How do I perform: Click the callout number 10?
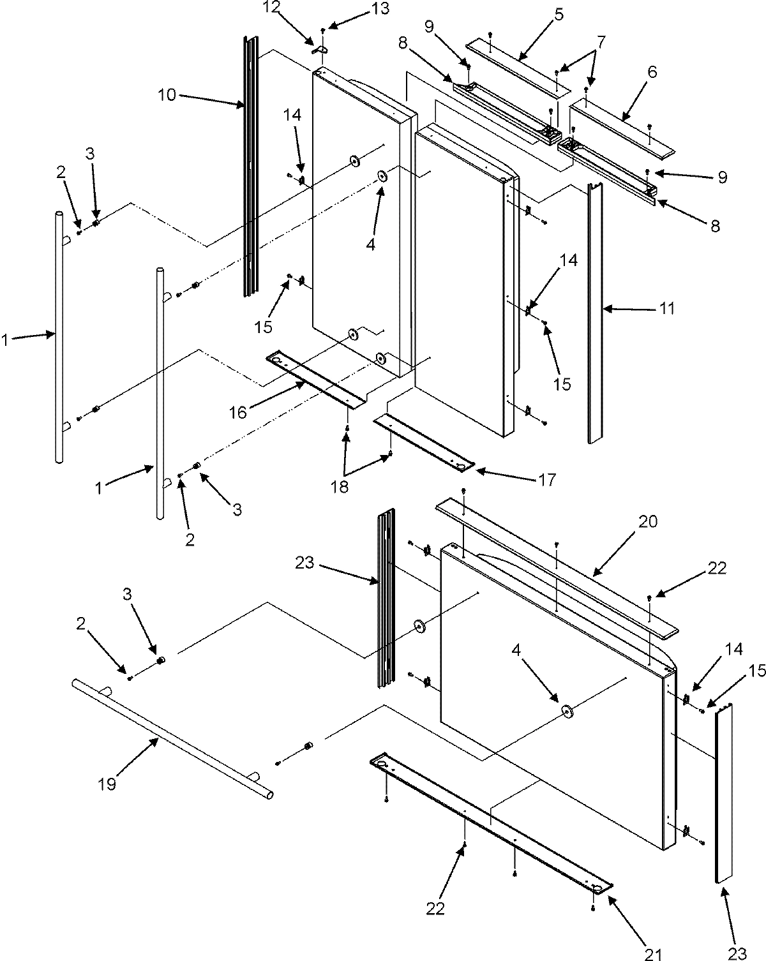168,95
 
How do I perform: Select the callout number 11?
666,308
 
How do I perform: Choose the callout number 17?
547,479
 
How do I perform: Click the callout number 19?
107,783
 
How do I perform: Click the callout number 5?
558,13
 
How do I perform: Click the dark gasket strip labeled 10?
250,166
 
